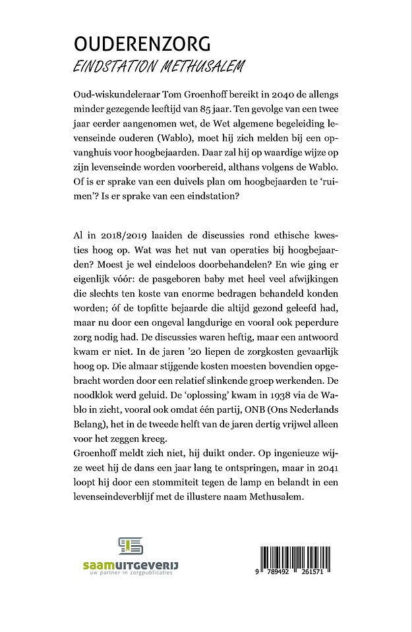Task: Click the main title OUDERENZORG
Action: click(142, 44)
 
